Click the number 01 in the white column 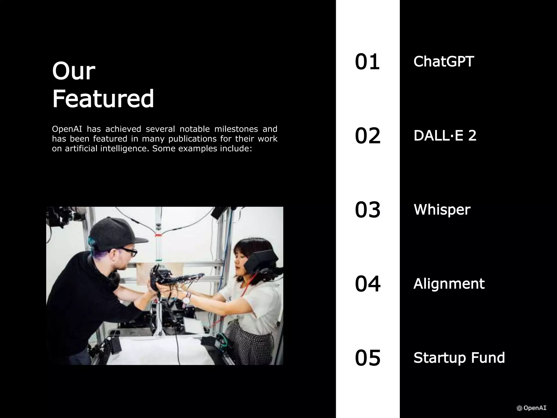click(367, 62)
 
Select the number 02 click(367, 136)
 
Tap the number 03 click(367, 210)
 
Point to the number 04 click(367, 284)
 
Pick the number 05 click(367, 358)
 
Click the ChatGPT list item click(444, 62)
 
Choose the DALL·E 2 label click(445, 136)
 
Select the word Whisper click(442, 210)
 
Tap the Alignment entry click(449, 284)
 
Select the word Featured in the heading click(103, 98)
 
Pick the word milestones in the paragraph click(236, 129)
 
